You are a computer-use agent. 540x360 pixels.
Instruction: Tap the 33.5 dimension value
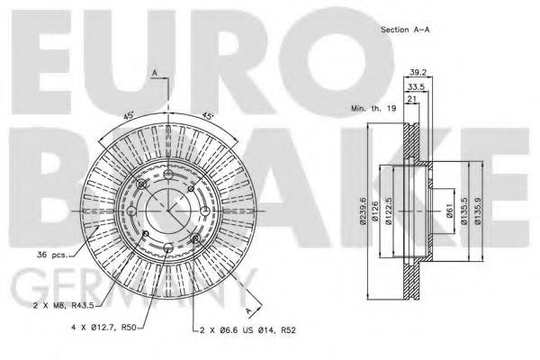pyautogui.click(x=415, y=88)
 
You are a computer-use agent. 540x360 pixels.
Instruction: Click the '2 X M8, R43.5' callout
pyautogui.click(x=67, y=306)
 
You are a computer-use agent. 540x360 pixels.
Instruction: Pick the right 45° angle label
pyautogui.click(x=208, y=116)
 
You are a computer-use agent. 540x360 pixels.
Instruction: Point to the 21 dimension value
pyautogui.click(x=411, y=100)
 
